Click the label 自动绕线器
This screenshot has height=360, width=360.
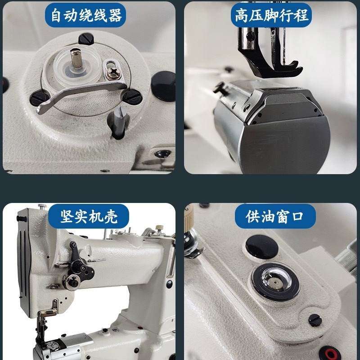point(85,16)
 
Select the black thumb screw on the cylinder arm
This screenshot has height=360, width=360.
point(220,88)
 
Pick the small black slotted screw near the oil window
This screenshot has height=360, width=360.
point(315,320)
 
